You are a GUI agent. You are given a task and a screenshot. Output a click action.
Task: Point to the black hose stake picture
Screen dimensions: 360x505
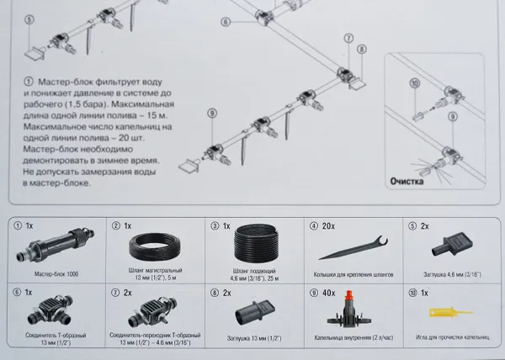tap(350, 250)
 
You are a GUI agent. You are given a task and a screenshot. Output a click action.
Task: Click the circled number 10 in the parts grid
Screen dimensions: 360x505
tap(412, 293)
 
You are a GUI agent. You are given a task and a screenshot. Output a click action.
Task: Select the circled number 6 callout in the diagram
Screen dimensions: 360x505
tap(225, 22)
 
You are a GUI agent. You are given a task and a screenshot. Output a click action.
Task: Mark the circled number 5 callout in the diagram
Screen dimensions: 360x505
tap(29, 19)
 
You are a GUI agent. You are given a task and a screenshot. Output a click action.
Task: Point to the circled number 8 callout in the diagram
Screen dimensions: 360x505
tap(362, 50)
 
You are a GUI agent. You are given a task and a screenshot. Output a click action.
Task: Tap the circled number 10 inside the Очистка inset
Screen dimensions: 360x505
tap(414, 82)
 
